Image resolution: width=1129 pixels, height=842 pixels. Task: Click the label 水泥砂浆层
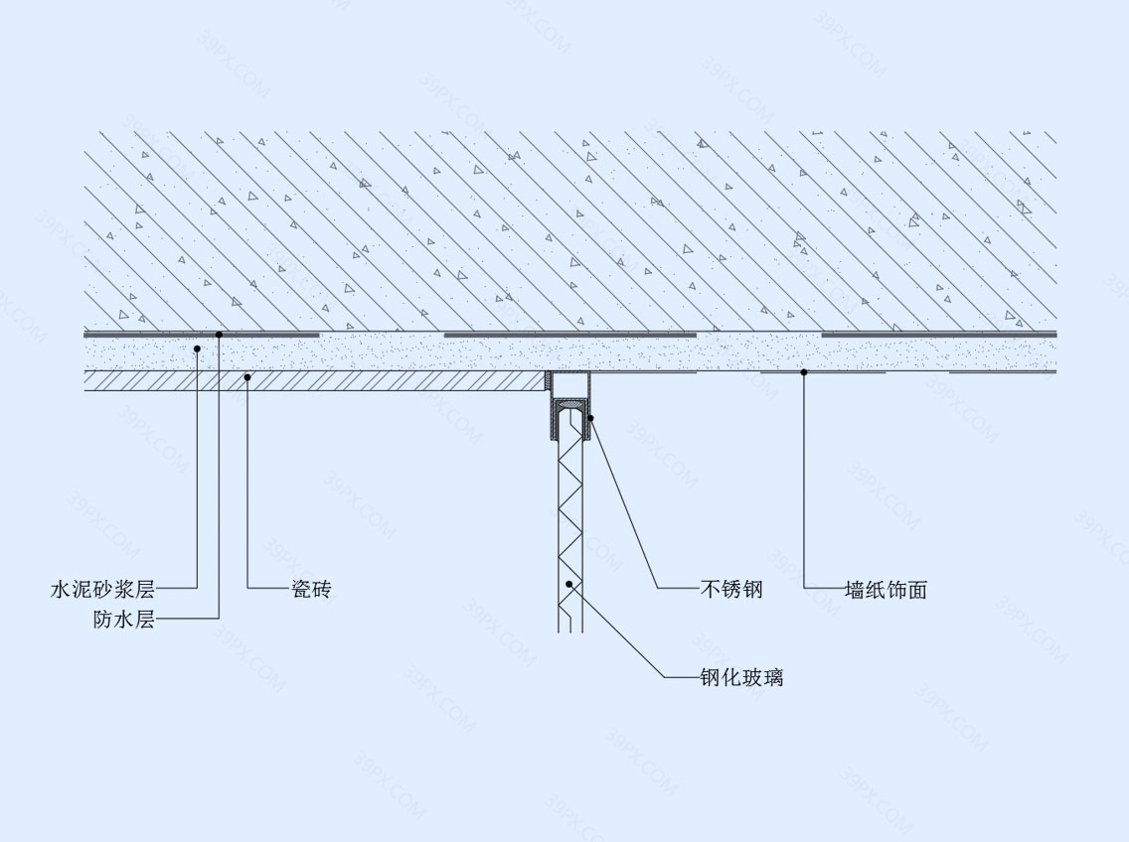click(x=103, y=590)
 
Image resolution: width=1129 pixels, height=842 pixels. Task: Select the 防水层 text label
click(x=124, y=619)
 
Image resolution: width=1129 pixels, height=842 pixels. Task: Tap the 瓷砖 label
click(x=312, y=590)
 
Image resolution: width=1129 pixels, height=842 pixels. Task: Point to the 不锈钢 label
click(x=731, y=590)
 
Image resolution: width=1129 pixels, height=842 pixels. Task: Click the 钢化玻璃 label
click(x=742, y=677)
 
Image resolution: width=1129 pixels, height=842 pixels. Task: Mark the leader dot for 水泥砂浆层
click(x=198, y=349)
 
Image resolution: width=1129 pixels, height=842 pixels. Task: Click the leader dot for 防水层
click(x=219, y=334)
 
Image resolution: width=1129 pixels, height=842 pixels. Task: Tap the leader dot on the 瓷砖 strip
click(x=246, y=376)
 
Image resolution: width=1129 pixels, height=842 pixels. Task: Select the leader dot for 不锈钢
click(x=590, y=418)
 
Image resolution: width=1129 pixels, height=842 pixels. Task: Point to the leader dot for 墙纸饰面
click(x=804, y=372)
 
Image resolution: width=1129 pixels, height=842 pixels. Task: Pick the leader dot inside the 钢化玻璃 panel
click(x=568, y=584)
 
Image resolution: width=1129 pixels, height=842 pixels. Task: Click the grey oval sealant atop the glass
click(x=569, y=407)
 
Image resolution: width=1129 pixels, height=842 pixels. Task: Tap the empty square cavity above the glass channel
click(x=568, y=384)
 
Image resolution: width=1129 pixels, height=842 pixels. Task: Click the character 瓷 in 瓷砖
click(x=301, y=590)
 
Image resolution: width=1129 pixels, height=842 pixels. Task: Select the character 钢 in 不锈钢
click(x=752, y=590)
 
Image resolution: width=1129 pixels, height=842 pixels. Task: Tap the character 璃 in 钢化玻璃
click(x=773, y=677)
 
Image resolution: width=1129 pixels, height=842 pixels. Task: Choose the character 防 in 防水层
click(x=103, y=619)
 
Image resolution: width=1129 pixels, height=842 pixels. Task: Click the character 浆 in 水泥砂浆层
click(x=124, y=590)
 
